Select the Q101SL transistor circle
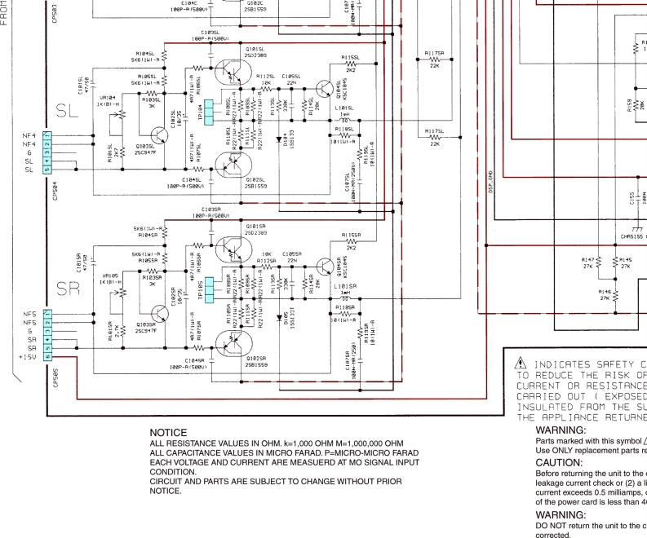point(230,73)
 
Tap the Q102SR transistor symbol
point(229,342)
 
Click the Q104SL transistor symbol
point(326,90)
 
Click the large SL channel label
point(69,112)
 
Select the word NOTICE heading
point(169,433)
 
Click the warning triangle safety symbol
point(519,364)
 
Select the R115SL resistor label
point(350,58)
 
